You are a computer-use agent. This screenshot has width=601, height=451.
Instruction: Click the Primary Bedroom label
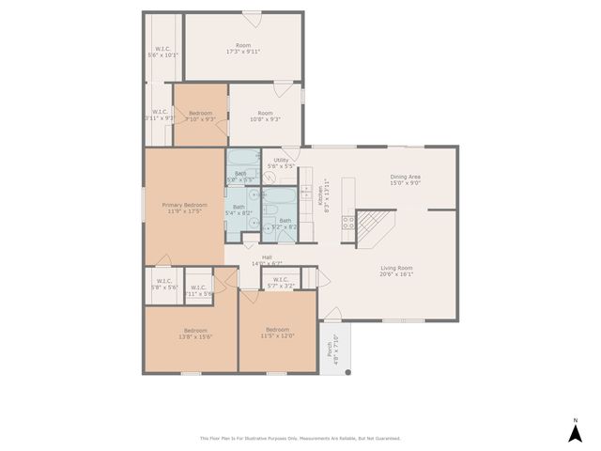pyautogui.click(x=184, y=208)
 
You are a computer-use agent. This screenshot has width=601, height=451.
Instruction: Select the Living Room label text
pyautogui.click(x=396, y=271)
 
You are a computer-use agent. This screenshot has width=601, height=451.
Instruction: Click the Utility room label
pyautogui.click(x=281, y=163)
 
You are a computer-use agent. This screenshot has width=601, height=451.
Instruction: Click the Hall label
pyautogui.click(x=267, y=260)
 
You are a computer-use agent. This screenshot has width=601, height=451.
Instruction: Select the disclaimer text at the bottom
pyautogui.click(x=300, y=438)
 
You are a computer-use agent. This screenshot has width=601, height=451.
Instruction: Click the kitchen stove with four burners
pyautogui.click(x=347, y=223)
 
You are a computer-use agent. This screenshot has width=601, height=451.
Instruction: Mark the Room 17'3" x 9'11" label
pyautogui.click(x=243, y=48)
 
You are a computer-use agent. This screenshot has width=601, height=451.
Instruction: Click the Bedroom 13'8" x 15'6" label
pyautogui.click(x=195, y=333)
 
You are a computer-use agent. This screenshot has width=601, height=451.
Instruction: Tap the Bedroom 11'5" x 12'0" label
pyautogui.click(x=277, y=333)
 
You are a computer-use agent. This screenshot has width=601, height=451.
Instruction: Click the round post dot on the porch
pyautogui.click(x=347, y=372)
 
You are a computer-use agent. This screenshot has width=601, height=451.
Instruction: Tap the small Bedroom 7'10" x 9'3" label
pyautogui.click(x=200, y=117)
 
